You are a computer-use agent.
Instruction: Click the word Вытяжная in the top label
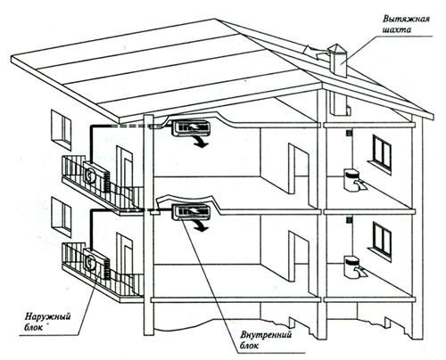point(406,20)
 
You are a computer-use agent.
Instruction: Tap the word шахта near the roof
point(396,30)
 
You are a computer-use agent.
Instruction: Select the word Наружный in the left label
point(47,317)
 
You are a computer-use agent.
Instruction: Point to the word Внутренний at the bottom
point(266,335)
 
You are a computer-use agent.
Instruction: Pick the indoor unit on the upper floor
point(190,127)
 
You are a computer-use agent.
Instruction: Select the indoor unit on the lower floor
point(190,212)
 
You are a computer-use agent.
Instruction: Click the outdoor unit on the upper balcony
point(96,176)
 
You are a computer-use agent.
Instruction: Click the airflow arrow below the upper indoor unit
point(201,143)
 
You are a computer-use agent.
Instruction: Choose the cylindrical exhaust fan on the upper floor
point(351,179)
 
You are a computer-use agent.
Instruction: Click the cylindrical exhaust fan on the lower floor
point(351,266)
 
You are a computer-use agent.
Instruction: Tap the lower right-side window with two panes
point(382,241)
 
